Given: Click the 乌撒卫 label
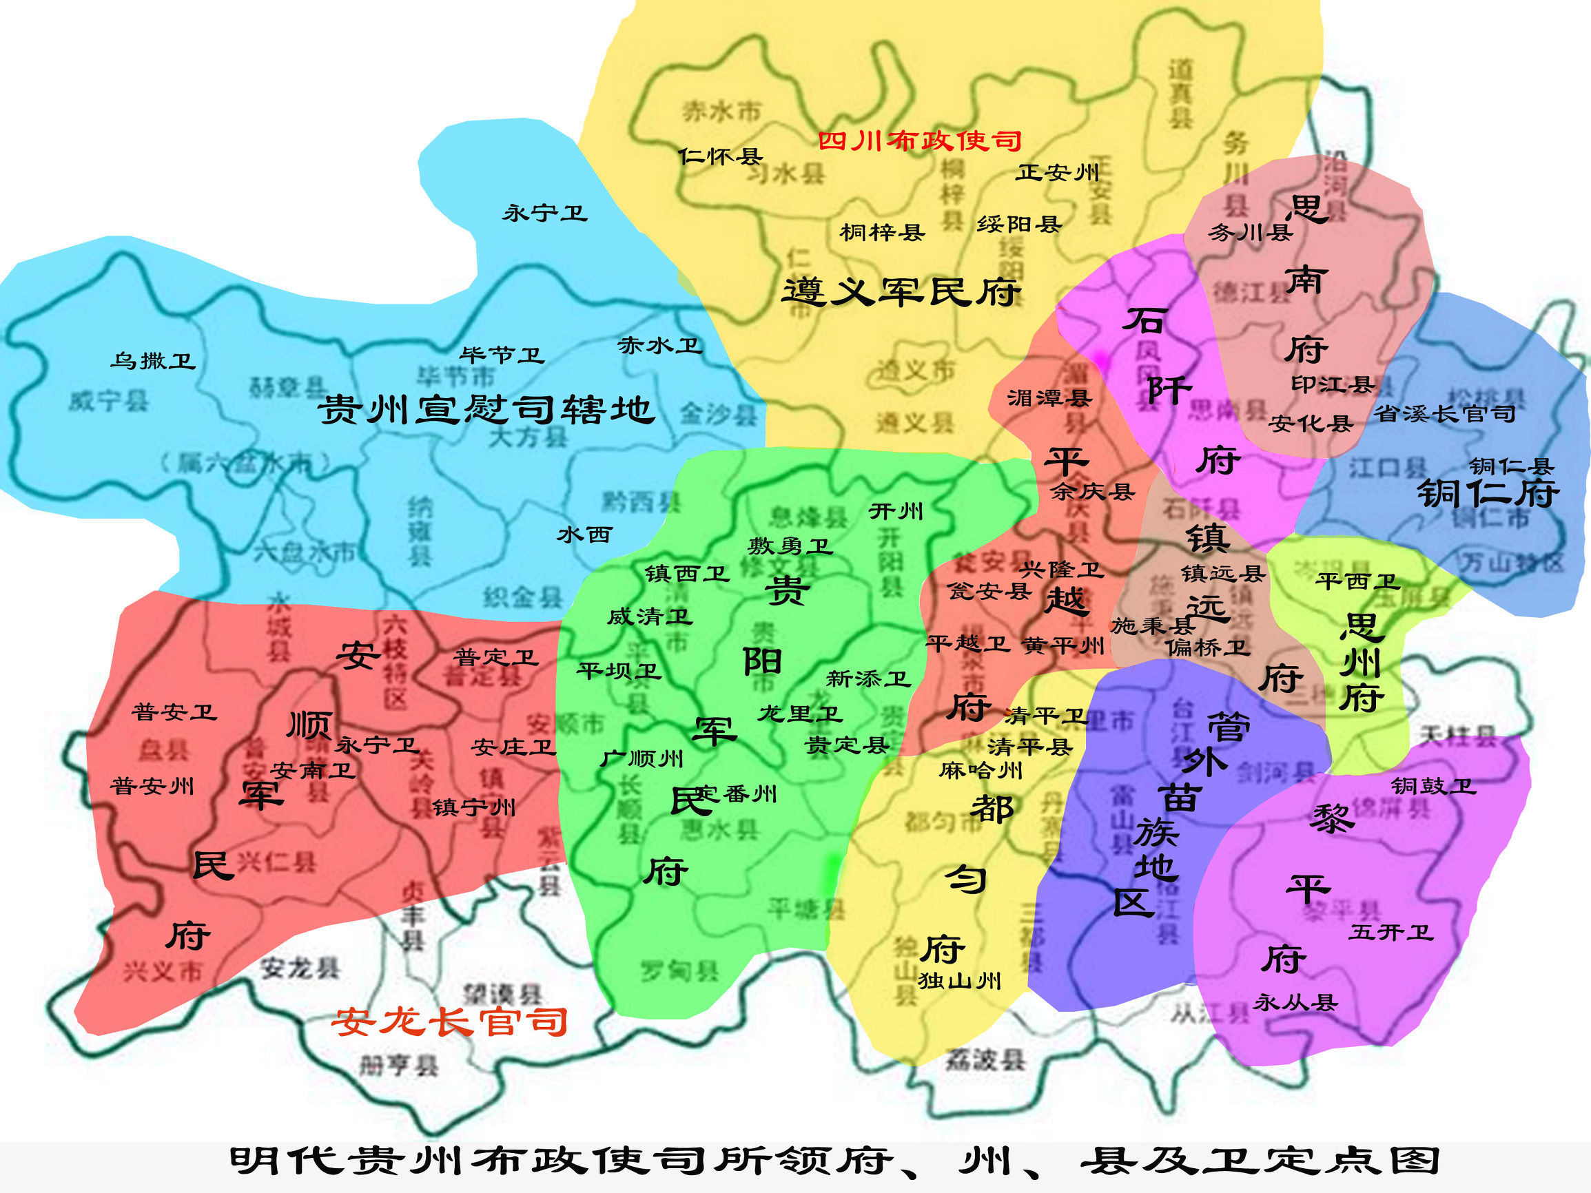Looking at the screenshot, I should point(152,360).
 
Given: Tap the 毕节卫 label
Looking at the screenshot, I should point(502,355).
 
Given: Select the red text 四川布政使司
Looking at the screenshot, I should point(920,141).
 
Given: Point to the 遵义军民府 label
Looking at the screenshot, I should point(901,292).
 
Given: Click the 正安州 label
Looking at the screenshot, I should point(1057,173).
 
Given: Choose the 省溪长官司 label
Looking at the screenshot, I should point(1444,413).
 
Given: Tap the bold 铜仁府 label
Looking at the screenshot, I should point(1488,493).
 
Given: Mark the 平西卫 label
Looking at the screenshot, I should point(1357,581).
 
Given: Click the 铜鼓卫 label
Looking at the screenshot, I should point(1433,786).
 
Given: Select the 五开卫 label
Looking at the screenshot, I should point(1391,933).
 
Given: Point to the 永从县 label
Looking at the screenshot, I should point(1295,1002).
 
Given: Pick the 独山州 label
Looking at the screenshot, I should point(959,980).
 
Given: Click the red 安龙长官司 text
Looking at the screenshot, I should point(449,1022).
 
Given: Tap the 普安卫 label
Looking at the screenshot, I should point(174,712).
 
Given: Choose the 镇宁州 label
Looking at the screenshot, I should point(474,807).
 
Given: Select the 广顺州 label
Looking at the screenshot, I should point(641,758).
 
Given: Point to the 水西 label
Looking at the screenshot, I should point(584,535).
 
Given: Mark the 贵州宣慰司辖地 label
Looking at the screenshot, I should point(486,410).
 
